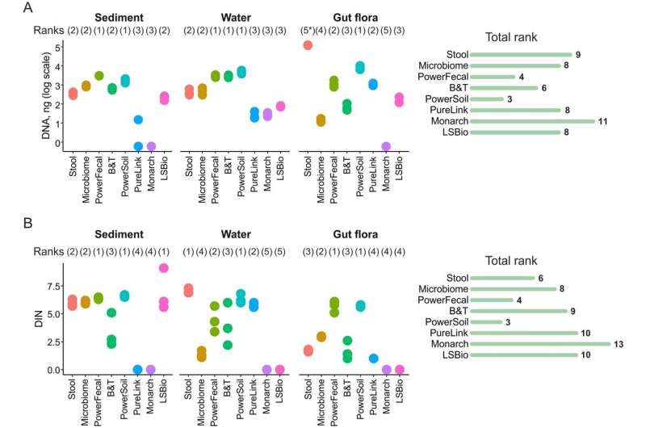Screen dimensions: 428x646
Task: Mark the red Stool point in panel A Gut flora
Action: tap(308, 45)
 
